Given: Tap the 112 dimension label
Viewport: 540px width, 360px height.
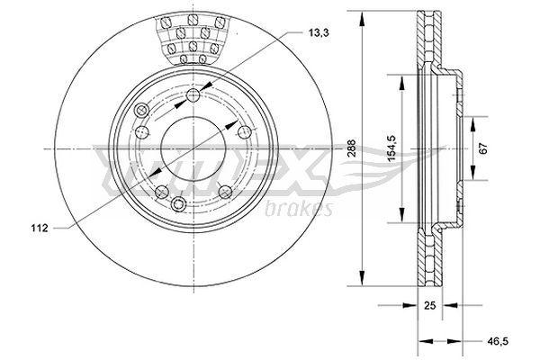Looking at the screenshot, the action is click(40, 228).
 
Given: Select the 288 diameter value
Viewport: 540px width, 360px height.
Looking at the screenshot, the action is click(351, 148).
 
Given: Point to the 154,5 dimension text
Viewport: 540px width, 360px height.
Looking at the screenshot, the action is click(392, 148).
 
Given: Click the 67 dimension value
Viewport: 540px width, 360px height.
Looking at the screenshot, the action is click(483, 148).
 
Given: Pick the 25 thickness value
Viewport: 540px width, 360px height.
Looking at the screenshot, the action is click(430, 305).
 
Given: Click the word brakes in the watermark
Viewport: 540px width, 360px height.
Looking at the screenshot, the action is click(299, 209).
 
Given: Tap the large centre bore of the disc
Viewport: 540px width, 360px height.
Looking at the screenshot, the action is click(193, 148).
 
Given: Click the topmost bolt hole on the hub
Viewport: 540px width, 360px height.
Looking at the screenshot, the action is click(193, 95).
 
